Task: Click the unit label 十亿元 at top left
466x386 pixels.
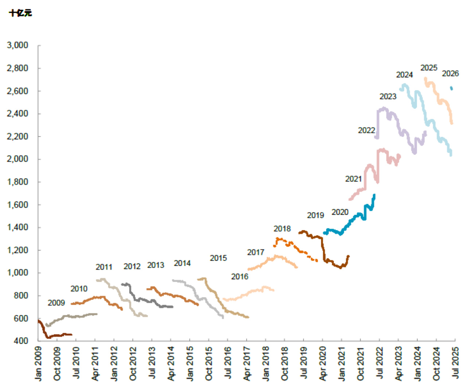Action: click(20, 13)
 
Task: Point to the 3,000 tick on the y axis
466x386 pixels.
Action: click(18, 45)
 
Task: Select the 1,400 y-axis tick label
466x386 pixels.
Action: click(18, 227)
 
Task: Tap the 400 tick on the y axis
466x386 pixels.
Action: click(21, 341)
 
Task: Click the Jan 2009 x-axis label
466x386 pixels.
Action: click(39, 363)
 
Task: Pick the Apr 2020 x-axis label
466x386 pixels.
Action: click(323, 363)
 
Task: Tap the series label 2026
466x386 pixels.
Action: click(450, 74)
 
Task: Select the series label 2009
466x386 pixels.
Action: click(56, 303)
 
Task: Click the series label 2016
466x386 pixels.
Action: click(240, 277)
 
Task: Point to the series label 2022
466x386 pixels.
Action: click(366, 130)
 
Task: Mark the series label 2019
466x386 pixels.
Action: click(315, 215)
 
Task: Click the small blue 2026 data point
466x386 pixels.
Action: click(451, 88)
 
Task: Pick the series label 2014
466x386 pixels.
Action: click(182, 263)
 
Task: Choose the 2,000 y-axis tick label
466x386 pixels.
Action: click(18, 159)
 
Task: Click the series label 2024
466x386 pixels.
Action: click(404, 75)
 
